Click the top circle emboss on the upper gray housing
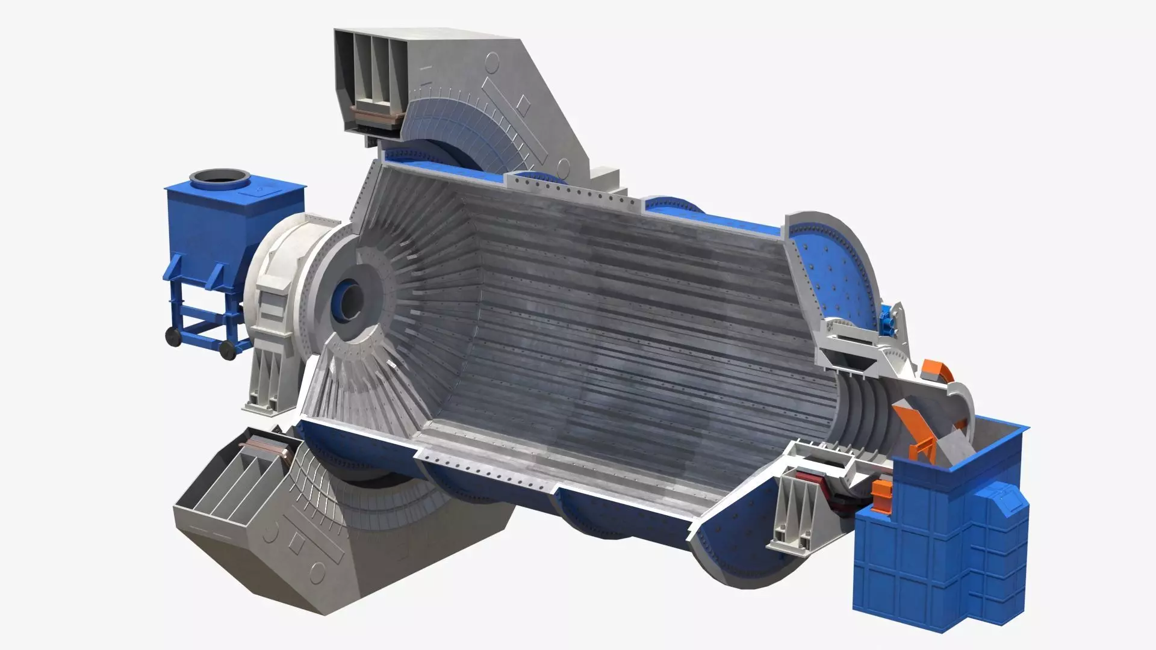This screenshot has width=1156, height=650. [x=492, y=61]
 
